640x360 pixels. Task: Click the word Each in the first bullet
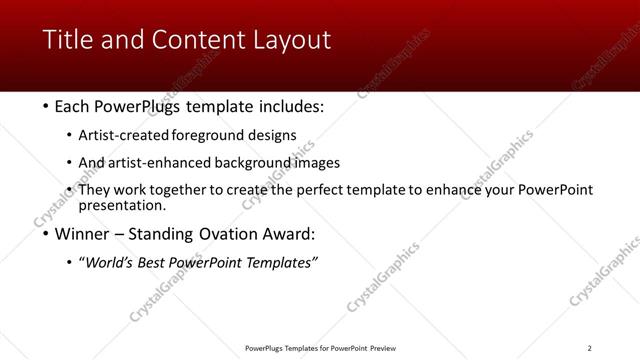click(74, 107)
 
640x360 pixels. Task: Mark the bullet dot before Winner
click(46, 235)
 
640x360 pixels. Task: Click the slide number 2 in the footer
click(589, 348)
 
